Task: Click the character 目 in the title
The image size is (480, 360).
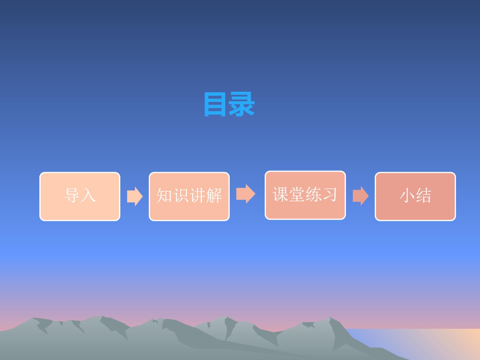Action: pos(215,104)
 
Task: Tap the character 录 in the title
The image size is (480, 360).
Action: pos(242,104)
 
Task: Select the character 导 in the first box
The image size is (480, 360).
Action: pos(72,195)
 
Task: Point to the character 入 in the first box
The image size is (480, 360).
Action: pos(88,195)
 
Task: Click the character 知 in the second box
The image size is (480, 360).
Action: pos(164,195)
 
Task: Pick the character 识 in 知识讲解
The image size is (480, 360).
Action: pos(181,195)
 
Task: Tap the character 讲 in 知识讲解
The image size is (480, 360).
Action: pos(197,195)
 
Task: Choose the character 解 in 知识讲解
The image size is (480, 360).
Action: pos(214,195)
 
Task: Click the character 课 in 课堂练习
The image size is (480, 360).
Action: pos(281,194)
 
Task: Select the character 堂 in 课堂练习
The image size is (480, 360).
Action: pos(297,194)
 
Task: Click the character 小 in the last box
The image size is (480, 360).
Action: pos(407,195)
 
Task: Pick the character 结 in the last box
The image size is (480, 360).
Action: pos(424,195)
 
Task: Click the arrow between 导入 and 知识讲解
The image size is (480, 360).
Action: pos(135,196)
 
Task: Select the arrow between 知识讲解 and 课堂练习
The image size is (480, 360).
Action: pos(246,194)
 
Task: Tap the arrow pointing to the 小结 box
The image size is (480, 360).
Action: pos(361,196)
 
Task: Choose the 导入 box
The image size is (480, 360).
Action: pos(80,196)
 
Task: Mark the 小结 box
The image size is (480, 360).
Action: pos(415,196)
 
